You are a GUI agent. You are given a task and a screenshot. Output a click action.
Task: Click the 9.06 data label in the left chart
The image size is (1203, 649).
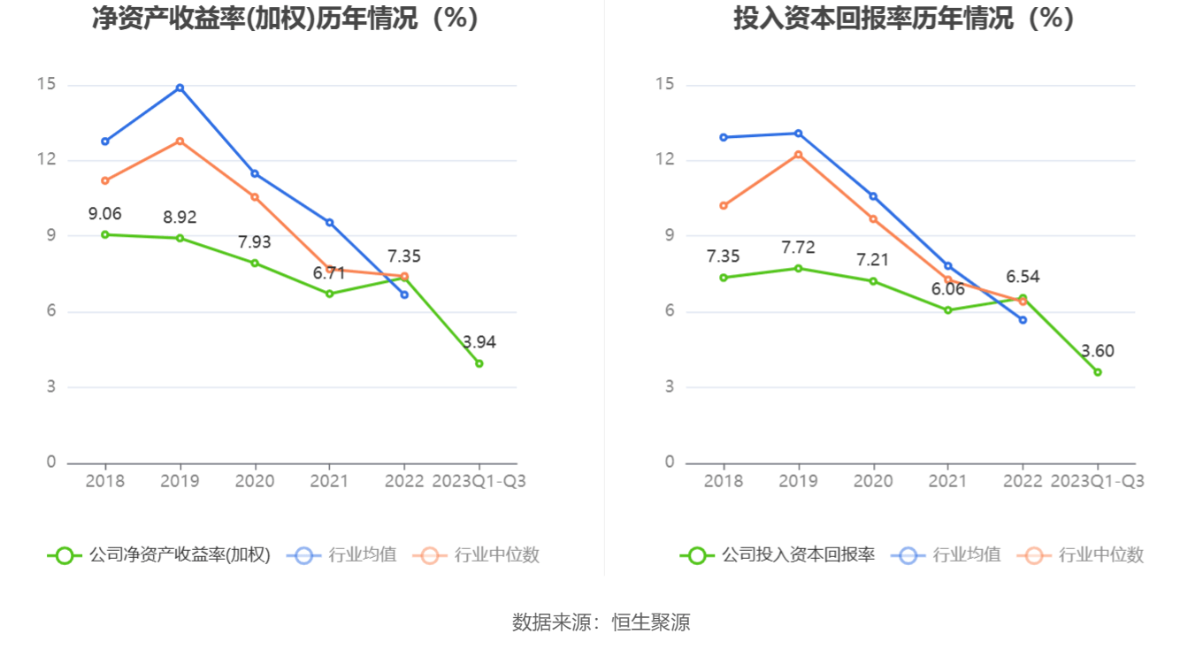pos(104,213)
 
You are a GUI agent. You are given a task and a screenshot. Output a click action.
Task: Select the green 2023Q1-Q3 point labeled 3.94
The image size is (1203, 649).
pos(479,363)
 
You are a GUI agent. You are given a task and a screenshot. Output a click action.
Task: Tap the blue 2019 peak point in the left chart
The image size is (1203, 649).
pos(180,88)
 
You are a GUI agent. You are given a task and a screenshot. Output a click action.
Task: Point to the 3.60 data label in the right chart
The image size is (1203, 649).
pos(1097,351)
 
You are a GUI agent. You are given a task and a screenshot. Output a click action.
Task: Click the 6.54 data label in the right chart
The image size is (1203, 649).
pos(1023,277)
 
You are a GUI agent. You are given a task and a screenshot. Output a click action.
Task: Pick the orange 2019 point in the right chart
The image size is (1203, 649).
pos(798,155)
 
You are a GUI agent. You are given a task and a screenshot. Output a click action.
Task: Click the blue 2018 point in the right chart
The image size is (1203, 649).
pos(724,137)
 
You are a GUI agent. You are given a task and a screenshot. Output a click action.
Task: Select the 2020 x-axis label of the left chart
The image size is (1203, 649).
pos(254,481)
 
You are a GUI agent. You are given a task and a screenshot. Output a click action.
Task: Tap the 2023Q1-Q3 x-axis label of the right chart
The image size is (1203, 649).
pos(1097,481)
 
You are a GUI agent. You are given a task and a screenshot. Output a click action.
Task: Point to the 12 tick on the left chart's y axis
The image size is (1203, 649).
pos(46,160)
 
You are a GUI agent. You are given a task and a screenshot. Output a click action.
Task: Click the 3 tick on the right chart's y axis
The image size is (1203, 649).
pos(670,386)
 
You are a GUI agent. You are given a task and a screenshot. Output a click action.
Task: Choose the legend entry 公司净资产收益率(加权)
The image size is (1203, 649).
pos(159,555)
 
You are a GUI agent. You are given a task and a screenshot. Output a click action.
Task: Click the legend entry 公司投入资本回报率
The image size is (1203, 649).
pos(778,555)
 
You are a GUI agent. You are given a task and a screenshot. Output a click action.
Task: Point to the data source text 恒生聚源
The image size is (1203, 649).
pos(651,622)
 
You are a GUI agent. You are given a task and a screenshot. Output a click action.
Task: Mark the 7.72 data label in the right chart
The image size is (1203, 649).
pos(798,248)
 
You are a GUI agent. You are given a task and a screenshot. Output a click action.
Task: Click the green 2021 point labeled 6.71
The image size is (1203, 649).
pos(329,294)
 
